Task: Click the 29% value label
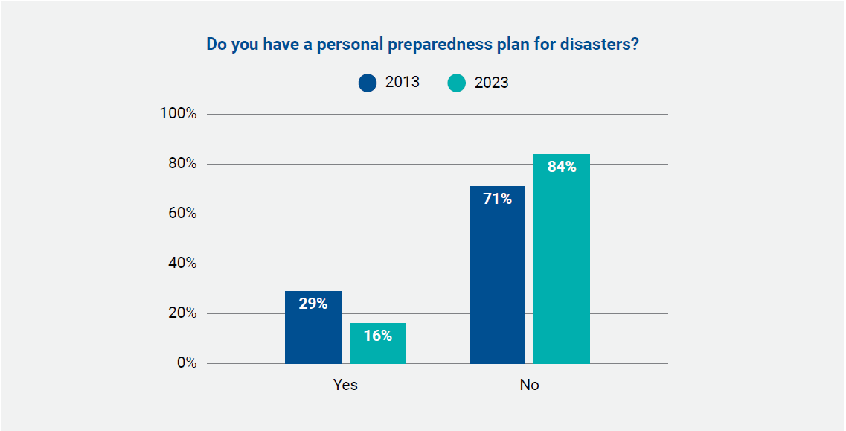click(x=313, y=304)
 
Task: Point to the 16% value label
click(x=377, y=336)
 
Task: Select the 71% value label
click(x=497, y=199)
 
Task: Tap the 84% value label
click(x=562, y=167)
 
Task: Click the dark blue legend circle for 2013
click(x=368, y=83)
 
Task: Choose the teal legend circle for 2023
click(x=456, y=83)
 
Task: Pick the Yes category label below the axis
click(x=345, y=385)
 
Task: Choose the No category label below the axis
click(x=529, y=385)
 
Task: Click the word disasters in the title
click(x=600, y=45)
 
